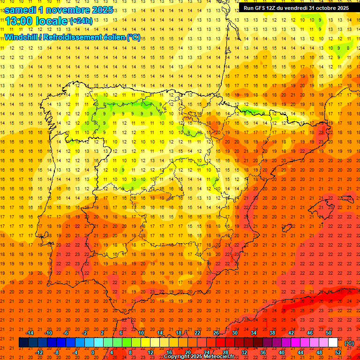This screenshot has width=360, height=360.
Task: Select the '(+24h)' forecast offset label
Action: (81, 21)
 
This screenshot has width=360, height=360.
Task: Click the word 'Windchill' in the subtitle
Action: (21, 37)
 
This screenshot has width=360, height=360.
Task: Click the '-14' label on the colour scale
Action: (30, 333)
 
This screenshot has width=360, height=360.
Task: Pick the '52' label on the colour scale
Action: (338, 352)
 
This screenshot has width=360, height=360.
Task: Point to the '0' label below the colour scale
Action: (93, 352)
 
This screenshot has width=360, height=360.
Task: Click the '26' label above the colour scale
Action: (216, 333)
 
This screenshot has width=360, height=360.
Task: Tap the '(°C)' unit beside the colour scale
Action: (349, 343)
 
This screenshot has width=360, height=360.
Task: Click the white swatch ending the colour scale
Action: (333, 343)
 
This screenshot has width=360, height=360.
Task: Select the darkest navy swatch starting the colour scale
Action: (23, 343)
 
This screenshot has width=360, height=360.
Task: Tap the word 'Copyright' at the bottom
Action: (178, 357)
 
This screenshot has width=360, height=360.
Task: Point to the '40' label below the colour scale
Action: (282, 352)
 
